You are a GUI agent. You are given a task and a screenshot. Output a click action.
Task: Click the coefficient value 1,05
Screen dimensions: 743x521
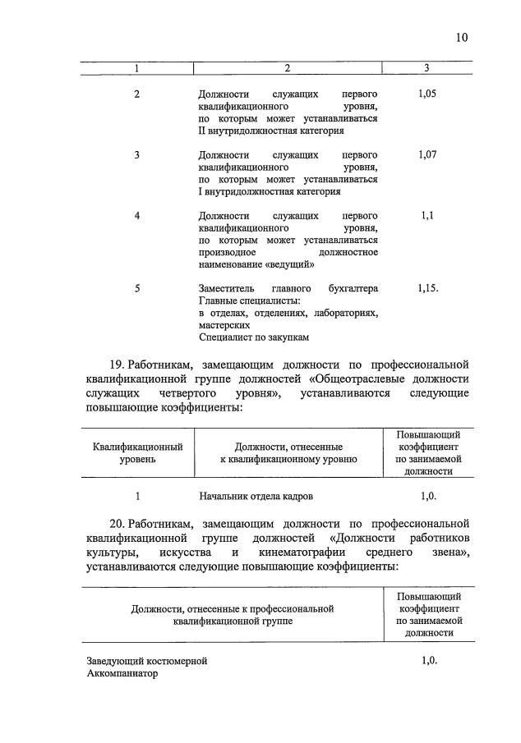coord(427,94)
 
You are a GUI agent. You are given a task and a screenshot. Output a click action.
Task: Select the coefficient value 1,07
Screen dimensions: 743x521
coord(427,154)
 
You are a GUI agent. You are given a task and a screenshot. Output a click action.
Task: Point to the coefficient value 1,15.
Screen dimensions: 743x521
coord(427,288)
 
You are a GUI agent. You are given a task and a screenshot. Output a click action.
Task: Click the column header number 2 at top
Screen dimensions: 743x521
coord(288,67)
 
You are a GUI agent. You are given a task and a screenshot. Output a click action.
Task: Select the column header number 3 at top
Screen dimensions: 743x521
coord(426,67)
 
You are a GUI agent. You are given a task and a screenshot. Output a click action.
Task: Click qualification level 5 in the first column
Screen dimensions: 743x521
coord(137,288)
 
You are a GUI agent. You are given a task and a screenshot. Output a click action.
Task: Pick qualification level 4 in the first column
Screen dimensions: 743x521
coord(137,215)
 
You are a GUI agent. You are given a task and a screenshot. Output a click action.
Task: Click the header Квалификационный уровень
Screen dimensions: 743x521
coord(137,452)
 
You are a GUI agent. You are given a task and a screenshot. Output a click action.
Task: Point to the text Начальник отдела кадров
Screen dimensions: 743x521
coord(256,497)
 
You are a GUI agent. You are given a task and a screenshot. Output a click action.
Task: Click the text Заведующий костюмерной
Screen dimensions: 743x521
coord(146,661)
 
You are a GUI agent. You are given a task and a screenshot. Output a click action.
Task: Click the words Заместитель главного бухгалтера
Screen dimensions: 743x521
coord(288,288)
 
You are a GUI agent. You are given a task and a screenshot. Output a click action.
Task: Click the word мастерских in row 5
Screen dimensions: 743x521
coord(224,325)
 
